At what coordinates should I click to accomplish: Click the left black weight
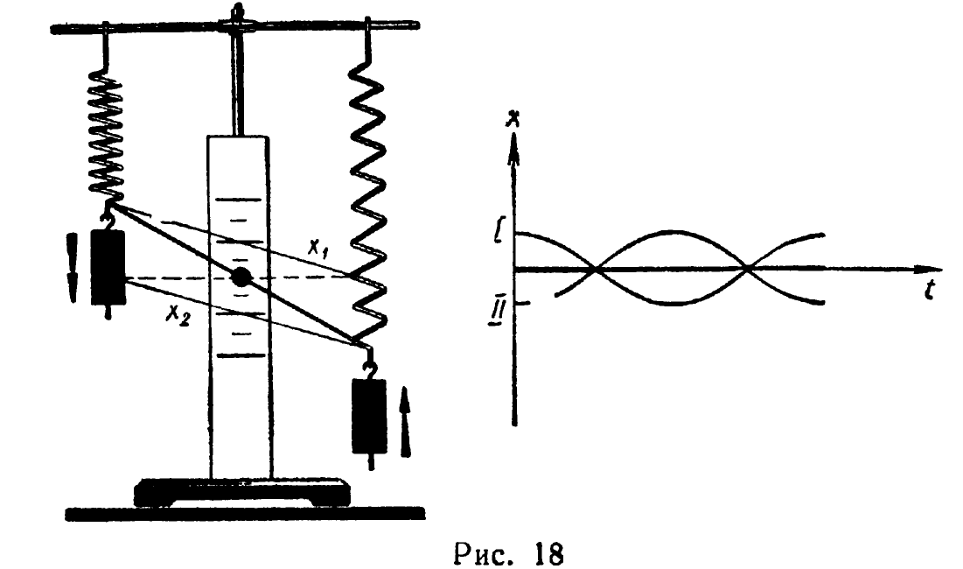[x=108, y=267]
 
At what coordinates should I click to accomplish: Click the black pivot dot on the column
[x=242, y=278]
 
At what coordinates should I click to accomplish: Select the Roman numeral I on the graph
[x=499, y=235]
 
